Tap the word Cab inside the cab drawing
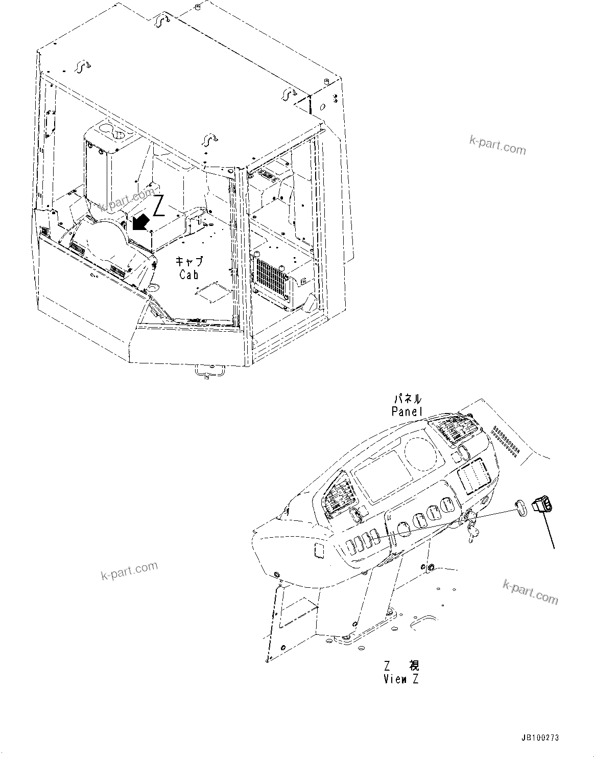[x=189, y=274]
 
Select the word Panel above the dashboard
[x=407, y=410]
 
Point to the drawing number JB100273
[x=540, y=738]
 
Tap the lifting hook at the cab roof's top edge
[x=162, y=19]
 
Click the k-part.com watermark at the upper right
[x=497, y=145]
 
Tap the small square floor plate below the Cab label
[x=210, y=292]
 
